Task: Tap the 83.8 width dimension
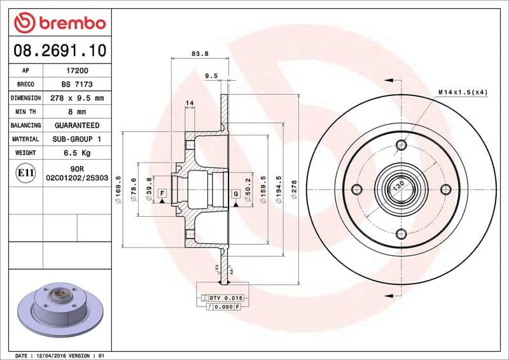[200, 54]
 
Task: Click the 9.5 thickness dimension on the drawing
[211, 76]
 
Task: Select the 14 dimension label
[190, 103]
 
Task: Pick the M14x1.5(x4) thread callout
[463, 92]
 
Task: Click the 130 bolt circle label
[398, 186]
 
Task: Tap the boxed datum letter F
[162, 193]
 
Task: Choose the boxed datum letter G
[235, 193]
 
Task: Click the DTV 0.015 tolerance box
[220, 298]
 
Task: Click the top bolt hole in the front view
[400, 145]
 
